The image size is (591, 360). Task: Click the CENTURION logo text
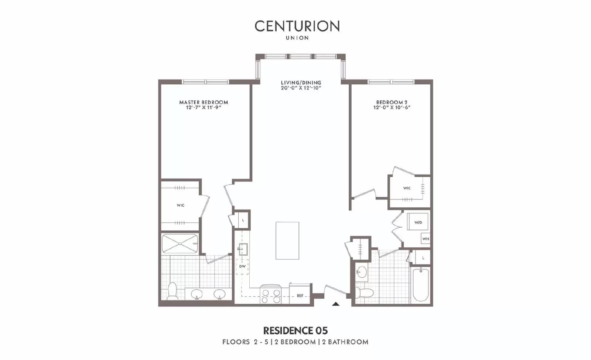tap(297, 26)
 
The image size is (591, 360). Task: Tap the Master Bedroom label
tap(204, 102)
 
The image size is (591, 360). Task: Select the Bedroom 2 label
tap(392, 102)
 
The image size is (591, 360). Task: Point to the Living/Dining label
tap(301, 83)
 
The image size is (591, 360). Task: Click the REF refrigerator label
tap(300, 296)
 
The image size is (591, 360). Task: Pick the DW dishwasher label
tap(242, 266)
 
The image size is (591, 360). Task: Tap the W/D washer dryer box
tap(418, 222)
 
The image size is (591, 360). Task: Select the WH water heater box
tap(426, 239)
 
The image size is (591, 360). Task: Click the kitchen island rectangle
tap(287, 241)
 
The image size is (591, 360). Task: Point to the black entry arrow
tap(335, 304)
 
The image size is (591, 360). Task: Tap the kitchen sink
tap(242, 249)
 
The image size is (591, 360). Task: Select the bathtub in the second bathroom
tap(420, 285)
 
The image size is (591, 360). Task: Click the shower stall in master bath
tap(180, 244)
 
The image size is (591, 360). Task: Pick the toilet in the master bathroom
tap(172, 291)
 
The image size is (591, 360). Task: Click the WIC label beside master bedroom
tap(180, 206)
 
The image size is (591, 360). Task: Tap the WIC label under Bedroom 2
tap(407, 188)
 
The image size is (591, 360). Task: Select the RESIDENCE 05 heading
tap(295, 330)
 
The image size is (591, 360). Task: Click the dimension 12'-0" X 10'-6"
tap(392, 108)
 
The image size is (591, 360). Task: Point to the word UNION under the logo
tap(297, 38)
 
